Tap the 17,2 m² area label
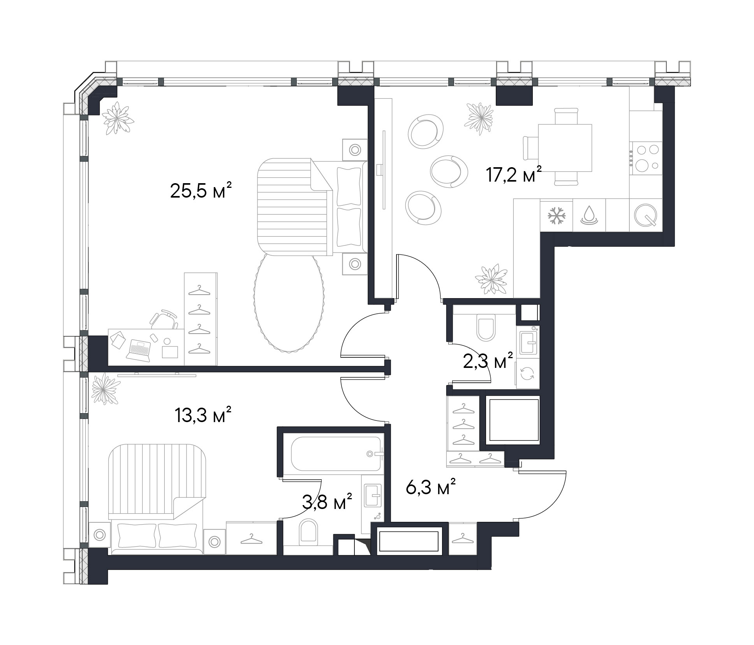tap(514, 174)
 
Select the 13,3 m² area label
tap(203, 416)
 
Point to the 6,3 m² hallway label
tap(430, 488)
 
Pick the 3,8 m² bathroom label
tap(327, 503)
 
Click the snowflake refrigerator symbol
tap(556, 216)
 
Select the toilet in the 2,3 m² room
tap(486, 328)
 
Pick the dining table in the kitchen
tap(565, 148)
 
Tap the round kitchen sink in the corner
tap(645, 215)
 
